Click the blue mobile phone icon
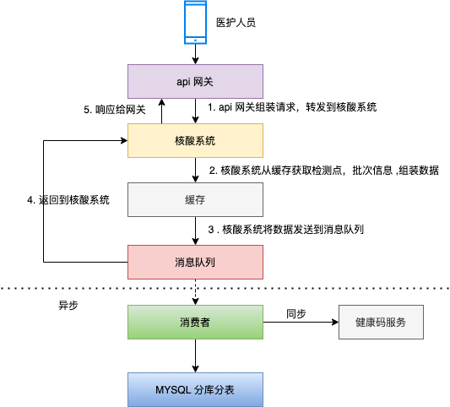point(196,22)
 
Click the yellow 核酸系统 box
point(195,139)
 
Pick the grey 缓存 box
point(195,199)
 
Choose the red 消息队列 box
point(195,261)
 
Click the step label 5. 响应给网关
point(116,110)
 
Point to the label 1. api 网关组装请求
point(292,108)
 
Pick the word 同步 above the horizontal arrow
point(295,312)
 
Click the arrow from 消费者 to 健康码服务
point(300,322)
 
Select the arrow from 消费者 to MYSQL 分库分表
point(195,355)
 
